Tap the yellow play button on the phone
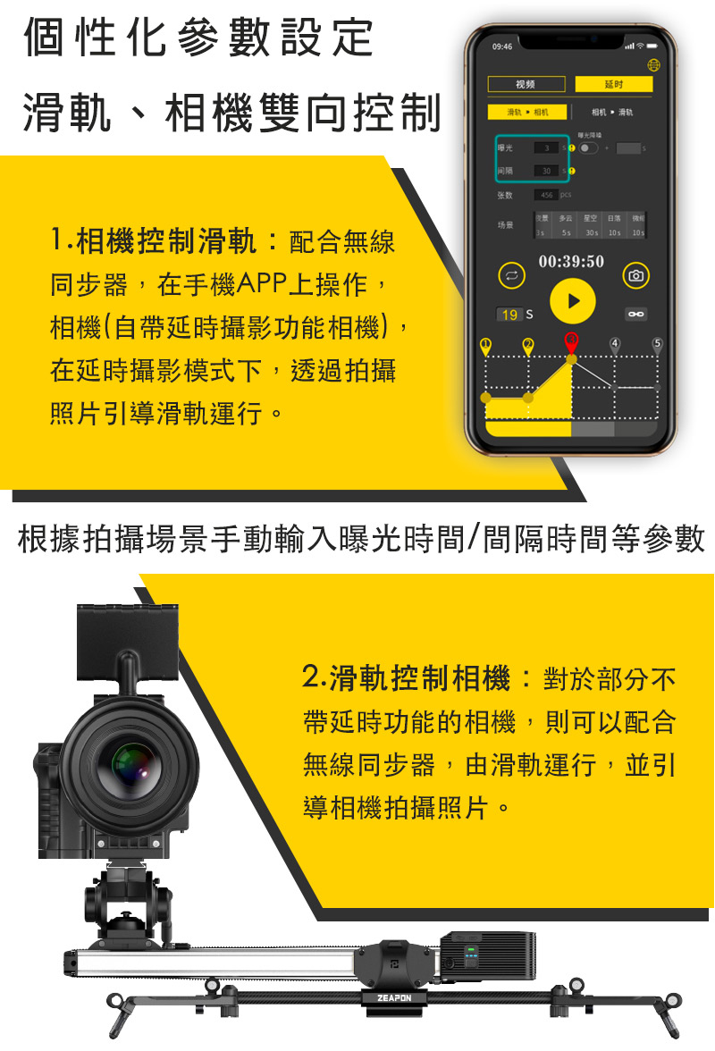[572, 301]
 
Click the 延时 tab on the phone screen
[614, 85]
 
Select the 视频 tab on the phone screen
[526, 85]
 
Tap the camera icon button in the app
[635, 276]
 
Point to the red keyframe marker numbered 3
[571, 341]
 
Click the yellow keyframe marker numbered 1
[485, 345]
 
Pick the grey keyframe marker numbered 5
[658, 345]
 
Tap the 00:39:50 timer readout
[571, 261]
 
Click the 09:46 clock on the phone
[502, 46]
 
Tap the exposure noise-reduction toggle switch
[589, 147]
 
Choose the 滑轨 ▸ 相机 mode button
[526, 113]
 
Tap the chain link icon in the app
[635, 315]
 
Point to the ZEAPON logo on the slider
[393, 996]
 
